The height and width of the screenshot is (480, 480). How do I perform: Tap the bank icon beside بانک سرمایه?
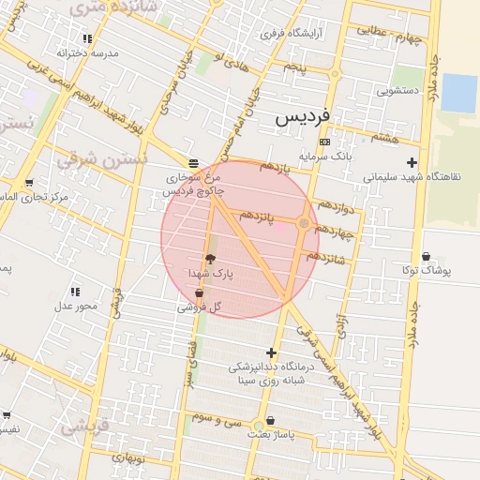coord(324,142)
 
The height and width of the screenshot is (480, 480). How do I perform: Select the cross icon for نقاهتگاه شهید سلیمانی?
coord(411,162)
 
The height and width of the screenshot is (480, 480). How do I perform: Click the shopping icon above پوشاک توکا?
coord(427,256)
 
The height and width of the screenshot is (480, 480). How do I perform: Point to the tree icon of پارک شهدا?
coord(209,259)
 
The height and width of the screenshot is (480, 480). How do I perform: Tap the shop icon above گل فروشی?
coord(199,293)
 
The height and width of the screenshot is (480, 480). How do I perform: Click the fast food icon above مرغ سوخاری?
coord(193,161)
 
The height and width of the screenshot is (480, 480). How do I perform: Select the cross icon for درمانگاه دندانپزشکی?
coord(272,352)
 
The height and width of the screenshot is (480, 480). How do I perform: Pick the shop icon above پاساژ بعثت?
coord(271,422)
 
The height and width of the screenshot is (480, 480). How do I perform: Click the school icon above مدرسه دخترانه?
coord(87,39)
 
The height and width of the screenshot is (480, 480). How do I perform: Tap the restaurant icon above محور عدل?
coord(75,292)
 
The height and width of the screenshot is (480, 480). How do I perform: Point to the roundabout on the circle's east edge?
coord(303,223)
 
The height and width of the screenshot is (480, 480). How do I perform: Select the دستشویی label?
coord(397,92)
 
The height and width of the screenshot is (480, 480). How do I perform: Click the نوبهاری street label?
coord(127,458)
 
